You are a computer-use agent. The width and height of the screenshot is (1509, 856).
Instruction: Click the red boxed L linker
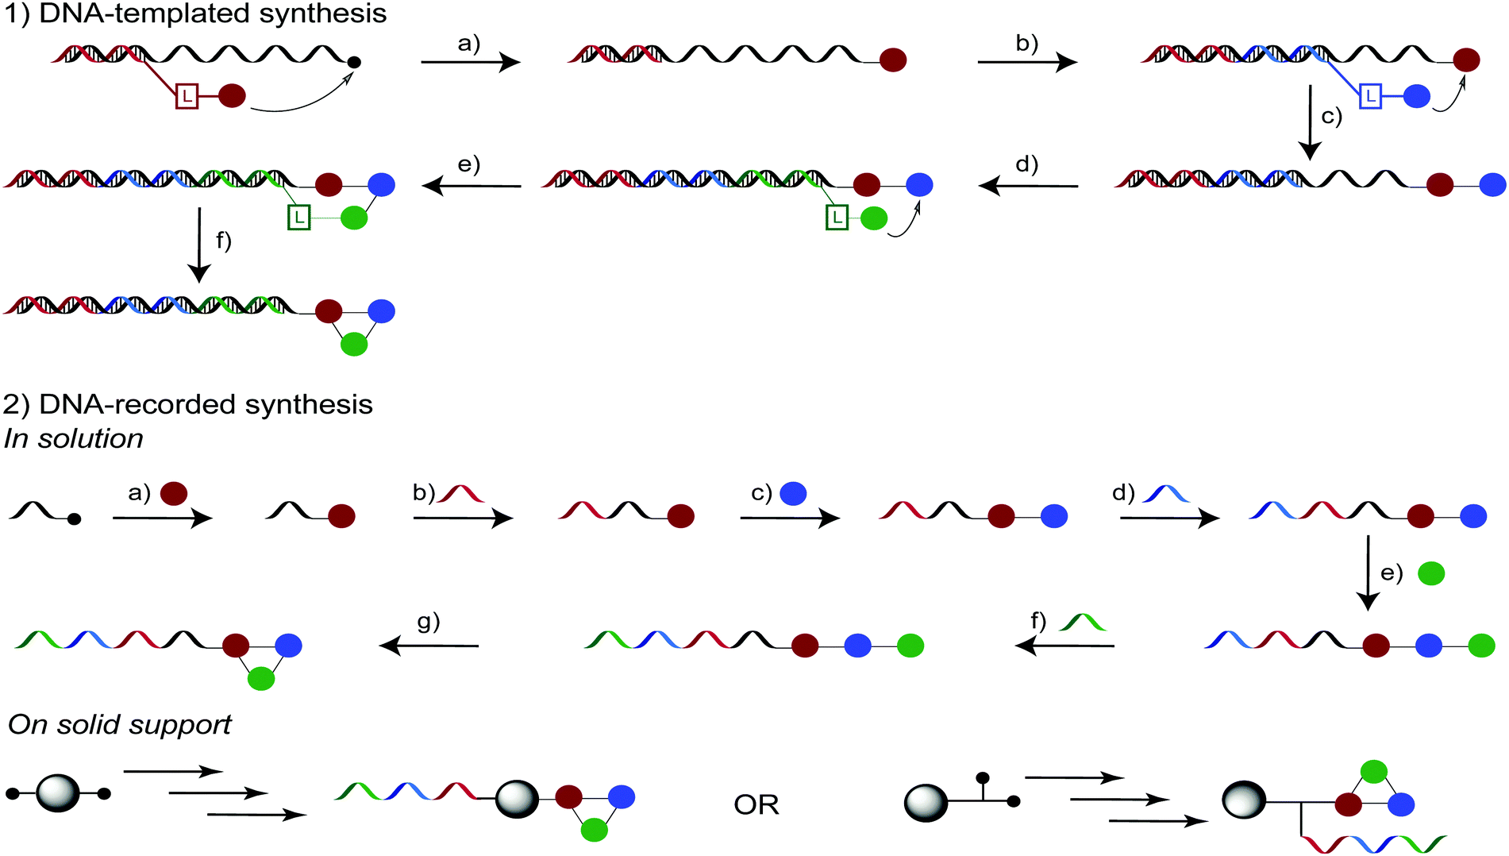point(186,97)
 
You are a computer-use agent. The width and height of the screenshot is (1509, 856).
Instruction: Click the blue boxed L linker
point(1370,97)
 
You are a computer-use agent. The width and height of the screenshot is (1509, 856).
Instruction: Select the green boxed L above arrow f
point(298,218)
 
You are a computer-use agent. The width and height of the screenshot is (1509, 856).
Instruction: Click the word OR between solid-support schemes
point(756,805)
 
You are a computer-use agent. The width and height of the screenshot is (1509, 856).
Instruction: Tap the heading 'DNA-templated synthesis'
point(212,13)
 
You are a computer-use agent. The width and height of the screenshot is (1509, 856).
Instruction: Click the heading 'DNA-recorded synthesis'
point(205,404)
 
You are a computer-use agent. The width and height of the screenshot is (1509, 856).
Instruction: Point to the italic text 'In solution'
point(73,438)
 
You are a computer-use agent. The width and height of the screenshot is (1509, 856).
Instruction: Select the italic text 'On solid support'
point(119,724)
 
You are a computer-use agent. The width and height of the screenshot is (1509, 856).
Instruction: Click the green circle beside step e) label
point(1430,573)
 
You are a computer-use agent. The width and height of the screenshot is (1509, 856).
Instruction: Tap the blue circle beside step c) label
point(793,494)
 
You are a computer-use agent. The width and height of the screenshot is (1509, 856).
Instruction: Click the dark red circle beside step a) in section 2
point(174,494)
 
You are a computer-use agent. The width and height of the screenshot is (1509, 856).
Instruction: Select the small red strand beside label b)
point(461,494)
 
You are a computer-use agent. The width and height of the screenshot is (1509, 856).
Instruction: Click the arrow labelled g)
point(429,646)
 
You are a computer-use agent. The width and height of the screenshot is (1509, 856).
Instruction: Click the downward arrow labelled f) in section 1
point(199,245)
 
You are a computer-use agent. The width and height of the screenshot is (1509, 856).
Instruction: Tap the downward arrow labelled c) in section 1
point(1310,123)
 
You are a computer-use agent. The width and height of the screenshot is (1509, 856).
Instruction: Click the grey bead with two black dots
point(58,793)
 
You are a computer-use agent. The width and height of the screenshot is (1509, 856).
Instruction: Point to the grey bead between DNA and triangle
point(517,799)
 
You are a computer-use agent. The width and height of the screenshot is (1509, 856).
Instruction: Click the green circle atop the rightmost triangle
point(1373,771)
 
